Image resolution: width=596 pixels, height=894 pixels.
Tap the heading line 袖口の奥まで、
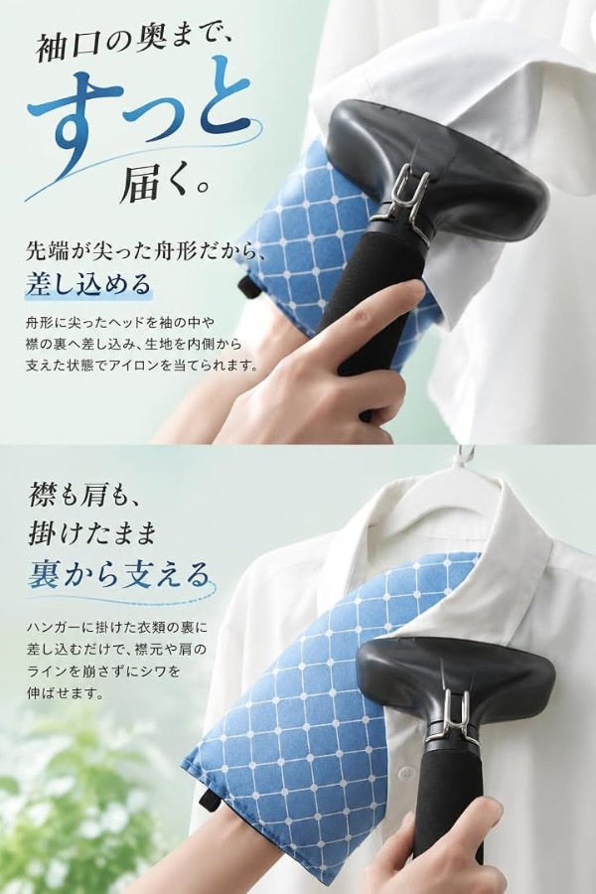coord(133,46)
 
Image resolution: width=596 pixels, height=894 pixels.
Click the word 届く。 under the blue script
coord(166,183)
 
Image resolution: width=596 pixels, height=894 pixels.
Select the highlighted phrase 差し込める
coord(87,283)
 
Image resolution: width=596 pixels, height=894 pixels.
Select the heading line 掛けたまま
coord(91,534)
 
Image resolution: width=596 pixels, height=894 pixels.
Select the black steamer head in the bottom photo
coord(456,677)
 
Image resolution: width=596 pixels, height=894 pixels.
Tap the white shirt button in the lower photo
coord(405,773)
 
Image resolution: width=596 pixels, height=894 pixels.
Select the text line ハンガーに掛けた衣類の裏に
coord(116,629)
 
